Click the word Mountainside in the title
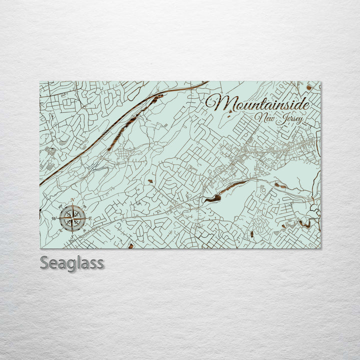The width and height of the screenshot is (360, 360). pyautogui.click(x=257, y=103)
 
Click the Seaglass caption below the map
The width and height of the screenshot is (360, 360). pyautogui.click(x=71, y=262)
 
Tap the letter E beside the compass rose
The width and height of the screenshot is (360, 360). pyautogui.click(x=90, y=217)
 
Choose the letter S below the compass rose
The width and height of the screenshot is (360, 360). pyautogui.click(x=72, y=236)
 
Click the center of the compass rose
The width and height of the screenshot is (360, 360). pyautogui.click(x=72, y=218)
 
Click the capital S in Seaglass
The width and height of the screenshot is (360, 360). pyautogui.click(x=44, y=262)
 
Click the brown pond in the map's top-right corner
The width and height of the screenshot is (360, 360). pyautogui.click(x=309, y=87)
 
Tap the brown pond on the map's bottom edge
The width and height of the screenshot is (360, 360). pyautogui.click(x=130, y=246)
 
